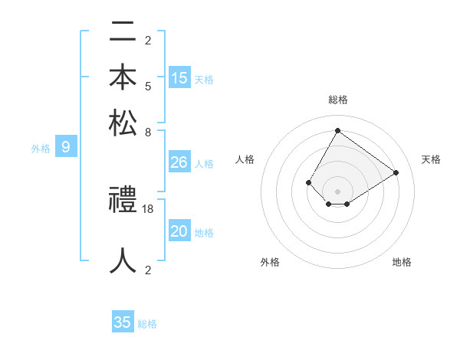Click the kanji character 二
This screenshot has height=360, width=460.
(123, 33)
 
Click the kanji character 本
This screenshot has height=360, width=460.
(123, 77)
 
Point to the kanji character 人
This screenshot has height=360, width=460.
(123, 260)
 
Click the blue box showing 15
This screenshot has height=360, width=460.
(179, 77)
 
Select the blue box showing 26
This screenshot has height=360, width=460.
(179, 162)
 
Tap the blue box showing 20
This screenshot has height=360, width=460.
(179, 231)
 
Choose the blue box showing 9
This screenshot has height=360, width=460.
(66, 146)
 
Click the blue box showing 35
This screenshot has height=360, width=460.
(123, 322)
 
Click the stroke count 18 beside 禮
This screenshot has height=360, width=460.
(149, 208)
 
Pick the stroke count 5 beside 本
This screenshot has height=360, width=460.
(148, 86)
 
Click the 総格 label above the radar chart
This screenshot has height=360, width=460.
(338, 100)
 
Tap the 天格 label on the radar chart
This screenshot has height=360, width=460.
(431, 159)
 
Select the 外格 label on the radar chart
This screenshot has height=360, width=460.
(270, 262)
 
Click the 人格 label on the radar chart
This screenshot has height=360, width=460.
(245, 159)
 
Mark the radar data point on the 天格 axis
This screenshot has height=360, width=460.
(396, 172)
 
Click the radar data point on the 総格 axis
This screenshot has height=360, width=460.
(337, 130)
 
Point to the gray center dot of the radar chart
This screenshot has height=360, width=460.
(337, 191)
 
